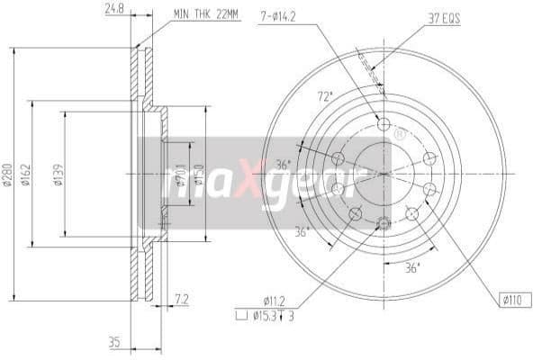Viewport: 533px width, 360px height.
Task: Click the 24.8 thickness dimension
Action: [x=113, y=10]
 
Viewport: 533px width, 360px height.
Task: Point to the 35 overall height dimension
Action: [x=113, y=342]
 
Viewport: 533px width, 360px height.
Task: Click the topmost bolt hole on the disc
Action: [x=383, y=124]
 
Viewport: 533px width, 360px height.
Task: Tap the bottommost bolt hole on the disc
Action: [x=383, y=222]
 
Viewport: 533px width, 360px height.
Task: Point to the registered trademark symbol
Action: [x=399, y=134]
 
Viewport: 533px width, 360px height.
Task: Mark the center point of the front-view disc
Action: [x=383, y=174]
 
